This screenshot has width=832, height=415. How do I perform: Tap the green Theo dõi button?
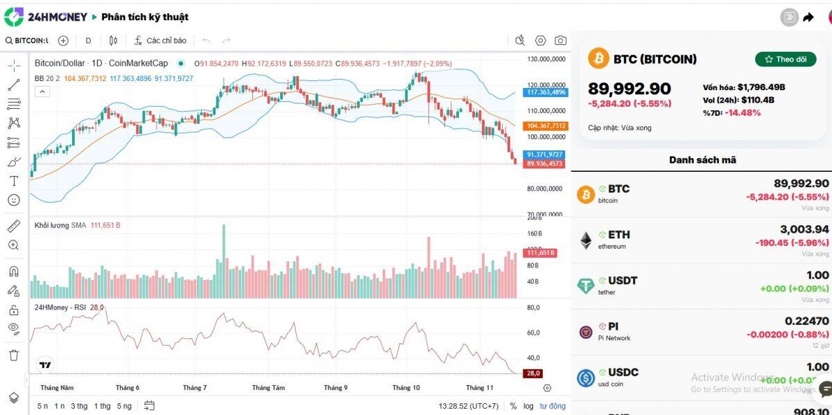coord(785,60)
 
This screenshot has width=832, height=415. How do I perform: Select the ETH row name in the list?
coord(618,235)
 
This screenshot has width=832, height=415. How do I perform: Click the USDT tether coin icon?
coord(586,285)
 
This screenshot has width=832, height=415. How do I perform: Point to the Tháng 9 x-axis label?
coord(336,388)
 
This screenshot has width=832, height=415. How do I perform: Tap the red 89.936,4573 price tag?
coord(546,164)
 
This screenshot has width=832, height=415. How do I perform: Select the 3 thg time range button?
coord(79,406)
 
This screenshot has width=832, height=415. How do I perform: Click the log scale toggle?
coord(528,406)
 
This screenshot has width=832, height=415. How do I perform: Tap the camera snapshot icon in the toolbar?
coord(560,41)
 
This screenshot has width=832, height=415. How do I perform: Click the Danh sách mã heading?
coord(702,160)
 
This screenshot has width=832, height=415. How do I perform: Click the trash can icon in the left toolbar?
coord(14,355)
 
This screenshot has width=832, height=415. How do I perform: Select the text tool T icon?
coord(14,181)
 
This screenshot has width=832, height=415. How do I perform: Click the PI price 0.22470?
coord(806,321)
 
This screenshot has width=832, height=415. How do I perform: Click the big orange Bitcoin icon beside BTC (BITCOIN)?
coord(598,59)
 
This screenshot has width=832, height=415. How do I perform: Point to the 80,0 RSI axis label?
coord(534,308)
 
